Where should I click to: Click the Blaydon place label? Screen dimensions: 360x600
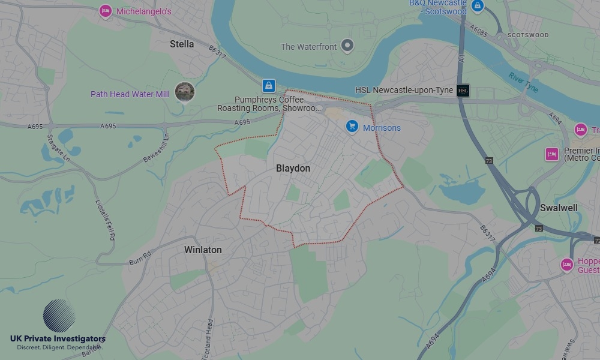[x=293, y=169]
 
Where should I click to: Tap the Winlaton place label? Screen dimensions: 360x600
[x=203, y=250]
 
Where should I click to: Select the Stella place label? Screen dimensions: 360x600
[x=182, y=44]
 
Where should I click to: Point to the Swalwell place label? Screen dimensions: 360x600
[x=559, y=208]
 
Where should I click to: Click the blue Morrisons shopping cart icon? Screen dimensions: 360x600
[x=352, y=127]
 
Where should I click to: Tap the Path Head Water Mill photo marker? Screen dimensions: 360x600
[x=185, y=92]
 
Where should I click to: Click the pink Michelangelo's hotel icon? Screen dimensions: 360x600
[x=106, y=11]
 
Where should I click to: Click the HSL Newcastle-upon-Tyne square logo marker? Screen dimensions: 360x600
[x=463, y=91]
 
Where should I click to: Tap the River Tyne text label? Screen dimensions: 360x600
[x=524, y=82]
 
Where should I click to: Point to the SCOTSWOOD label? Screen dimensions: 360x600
[x=528, y=35]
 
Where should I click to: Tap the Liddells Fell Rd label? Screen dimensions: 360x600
[x=105, y=220]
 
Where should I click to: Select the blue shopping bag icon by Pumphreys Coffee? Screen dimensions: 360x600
[x=269, y=85]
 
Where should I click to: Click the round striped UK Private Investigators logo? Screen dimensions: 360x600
[x=59, y=316]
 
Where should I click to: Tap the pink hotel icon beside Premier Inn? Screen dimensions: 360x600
[x=551, y=154]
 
